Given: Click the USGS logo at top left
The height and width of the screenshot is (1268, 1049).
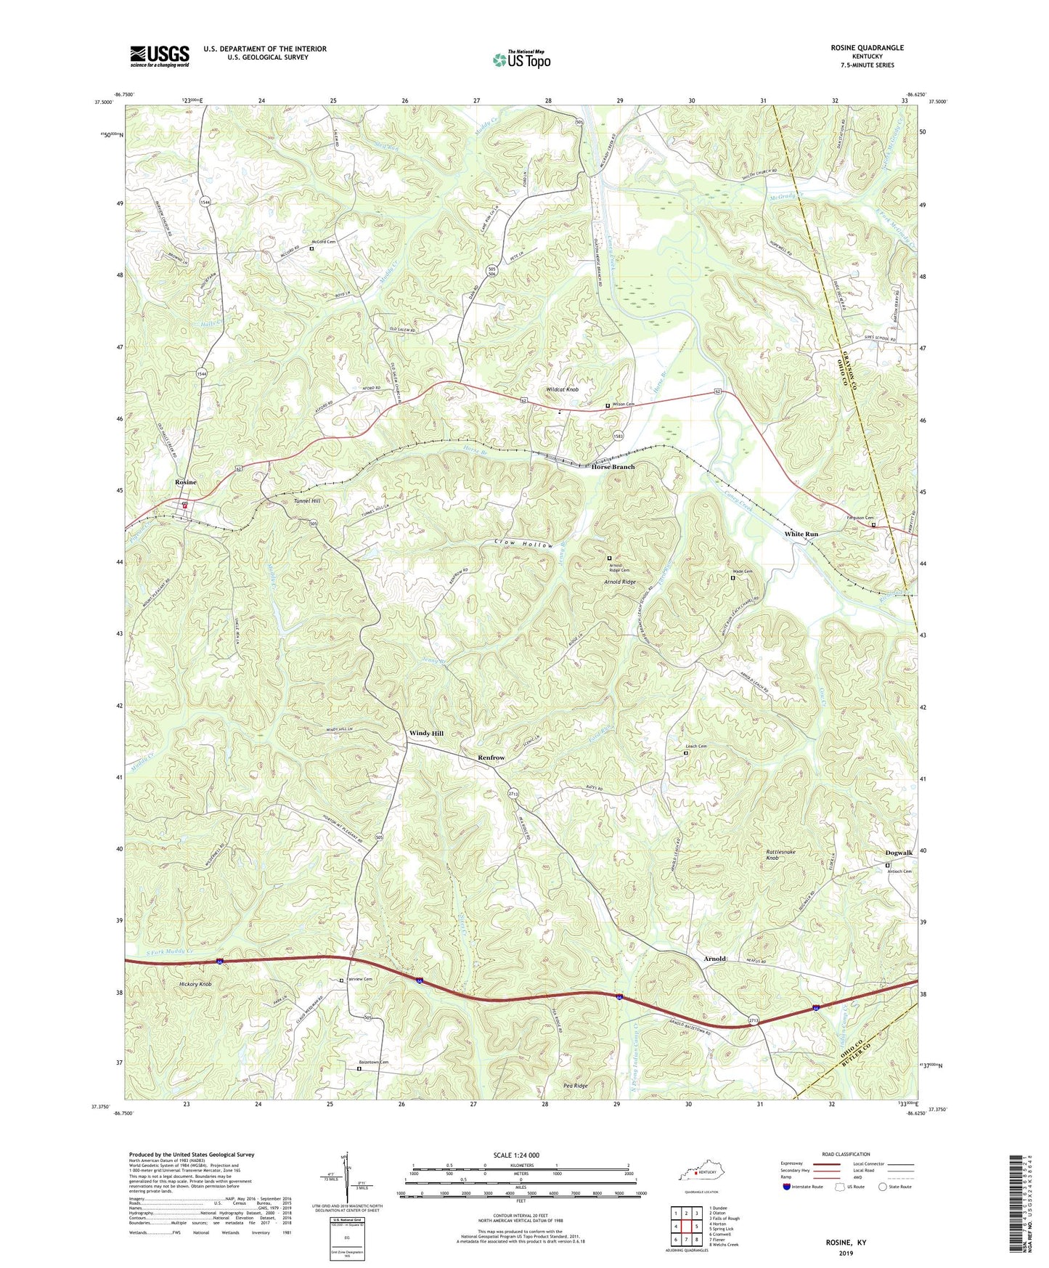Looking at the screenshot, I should tap(160, 55).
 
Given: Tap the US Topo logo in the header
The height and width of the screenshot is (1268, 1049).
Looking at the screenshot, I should tap(521, 60).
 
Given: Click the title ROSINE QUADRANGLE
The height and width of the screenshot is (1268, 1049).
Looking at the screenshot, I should tap(868, 48).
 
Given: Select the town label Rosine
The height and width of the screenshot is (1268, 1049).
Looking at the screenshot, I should tap(185, 482).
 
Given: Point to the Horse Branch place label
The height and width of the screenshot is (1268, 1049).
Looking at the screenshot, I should tap(613, 467).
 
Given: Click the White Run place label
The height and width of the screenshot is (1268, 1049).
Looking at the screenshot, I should tap(801, 534).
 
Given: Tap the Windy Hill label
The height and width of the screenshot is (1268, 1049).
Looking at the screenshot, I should tap(426, 733).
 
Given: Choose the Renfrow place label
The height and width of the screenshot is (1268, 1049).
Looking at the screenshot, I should tap(491, 757).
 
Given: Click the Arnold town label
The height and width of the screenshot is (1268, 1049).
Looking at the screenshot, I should tap(714, 959).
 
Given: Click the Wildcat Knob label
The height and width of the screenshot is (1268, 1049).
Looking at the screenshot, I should tap(563, 390).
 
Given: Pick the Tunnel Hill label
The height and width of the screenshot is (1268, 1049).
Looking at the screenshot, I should tap(306, 501).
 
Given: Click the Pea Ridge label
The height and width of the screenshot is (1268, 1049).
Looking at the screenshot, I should tap(575, 1086).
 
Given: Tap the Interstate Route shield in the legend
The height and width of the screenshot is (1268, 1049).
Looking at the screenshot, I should tap(788, 1187).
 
